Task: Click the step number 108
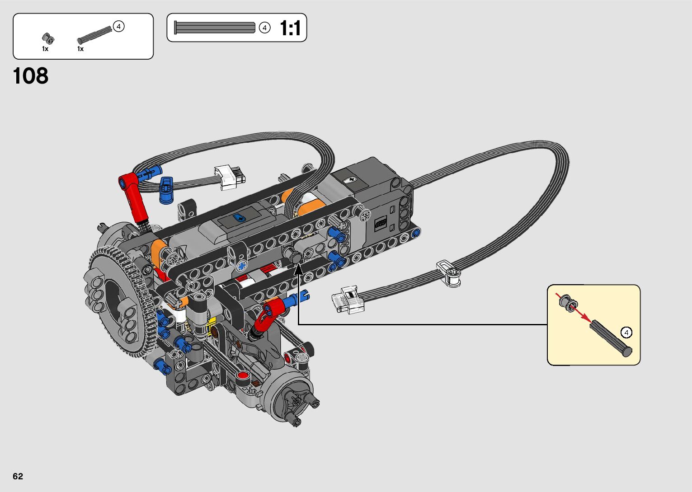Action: (x=31, y=75)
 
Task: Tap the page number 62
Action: (x=18, y=476)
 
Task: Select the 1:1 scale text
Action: (x=290, y=28)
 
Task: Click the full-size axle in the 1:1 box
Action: (x=215, y=28)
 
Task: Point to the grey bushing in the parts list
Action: (x=48, y=38)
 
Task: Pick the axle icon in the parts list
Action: (x=94, y=35)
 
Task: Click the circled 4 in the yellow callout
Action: (x=626, y=333)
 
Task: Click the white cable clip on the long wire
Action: (x=448, y=273)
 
